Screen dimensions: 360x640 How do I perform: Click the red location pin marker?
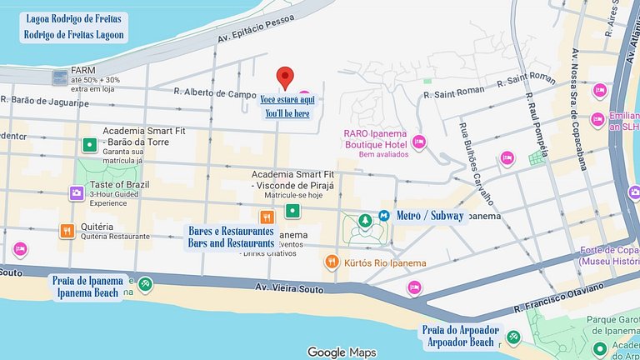(286, 77)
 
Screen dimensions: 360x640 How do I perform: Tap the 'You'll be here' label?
(287, 113)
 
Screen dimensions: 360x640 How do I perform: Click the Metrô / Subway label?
(430, 216)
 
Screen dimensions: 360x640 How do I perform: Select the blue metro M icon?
(384, 215)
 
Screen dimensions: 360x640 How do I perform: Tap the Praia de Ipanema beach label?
(90, 281)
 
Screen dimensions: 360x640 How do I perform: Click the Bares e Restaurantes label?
(231, 231)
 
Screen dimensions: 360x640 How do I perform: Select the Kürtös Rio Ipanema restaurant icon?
(332, 262)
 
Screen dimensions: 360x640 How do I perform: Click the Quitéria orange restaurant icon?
(67, 230)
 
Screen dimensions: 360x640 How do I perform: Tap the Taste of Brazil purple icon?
(76, 193)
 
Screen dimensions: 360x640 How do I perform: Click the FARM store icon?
(60, 78)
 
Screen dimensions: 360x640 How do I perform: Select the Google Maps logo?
(342, 352)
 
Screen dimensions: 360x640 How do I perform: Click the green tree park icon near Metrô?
(364, 220)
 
